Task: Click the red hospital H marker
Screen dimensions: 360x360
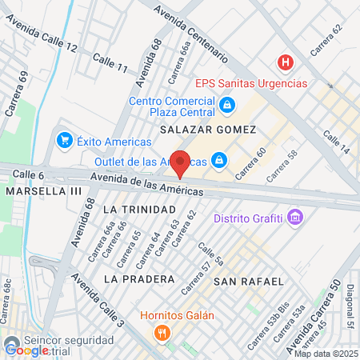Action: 284,62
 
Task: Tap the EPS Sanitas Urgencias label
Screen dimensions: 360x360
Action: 251,83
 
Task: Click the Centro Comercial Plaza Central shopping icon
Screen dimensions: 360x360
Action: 227,104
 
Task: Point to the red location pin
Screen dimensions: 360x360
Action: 181,163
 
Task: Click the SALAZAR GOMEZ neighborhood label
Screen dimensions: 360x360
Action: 208,129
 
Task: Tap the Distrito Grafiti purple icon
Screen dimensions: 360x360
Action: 296,218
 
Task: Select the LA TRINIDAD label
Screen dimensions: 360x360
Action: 134,208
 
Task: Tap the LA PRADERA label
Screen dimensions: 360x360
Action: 139,279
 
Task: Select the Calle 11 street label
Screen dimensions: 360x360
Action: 110,63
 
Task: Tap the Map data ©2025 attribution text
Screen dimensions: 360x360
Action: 326,354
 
